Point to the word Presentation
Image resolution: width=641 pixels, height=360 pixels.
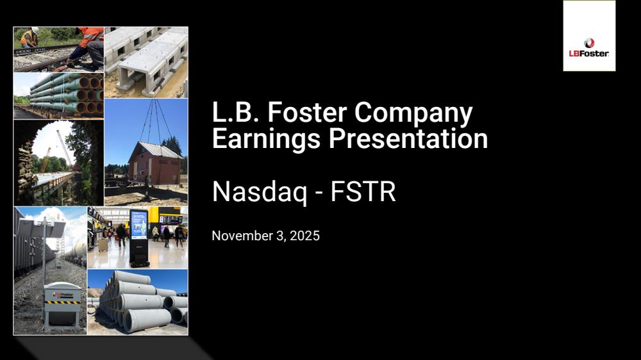[408, 138]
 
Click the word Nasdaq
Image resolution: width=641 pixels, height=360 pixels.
[260, 192]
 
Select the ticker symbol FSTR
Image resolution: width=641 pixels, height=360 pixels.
[363, 192]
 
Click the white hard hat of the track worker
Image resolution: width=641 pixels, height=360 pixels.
[35, 30]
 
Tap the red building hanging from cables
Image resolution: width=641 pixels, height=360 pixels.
[154, 163]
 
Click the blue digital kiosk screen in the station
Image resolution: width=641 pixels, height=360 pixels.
[138, 224]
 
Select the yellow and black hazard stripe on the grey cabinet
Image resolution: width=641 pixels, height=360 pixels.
[63, 302]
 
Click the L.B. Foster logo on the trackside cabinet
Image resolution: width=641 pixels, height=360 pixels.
[63, 294]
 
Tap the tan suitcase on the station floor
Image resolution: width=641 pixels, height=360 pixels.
[102, 244]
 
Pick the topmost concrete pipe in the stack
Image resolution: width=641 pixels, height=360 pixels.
[131, 277]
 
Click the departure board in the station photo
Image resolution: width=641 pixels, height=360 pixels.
[171, 219]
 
